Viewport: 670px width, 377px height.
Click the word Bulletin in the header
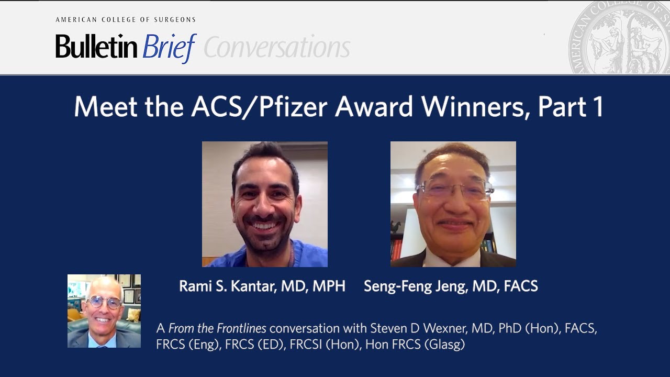pos(96,47)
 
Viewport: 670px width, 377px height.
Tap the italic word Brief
pos(169,47)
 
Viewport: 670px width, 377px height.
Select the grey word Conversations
pos(277,48)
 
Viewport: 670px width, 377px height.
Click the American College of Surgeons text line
pos(126,20)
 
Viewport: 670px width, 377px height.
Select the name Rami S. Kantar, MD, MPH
pos(262,286)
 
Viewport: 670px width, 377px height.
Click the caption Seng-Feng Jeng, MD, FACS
pos(451,286)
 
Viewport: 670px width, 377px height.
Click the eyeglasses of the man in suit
pos(454,188)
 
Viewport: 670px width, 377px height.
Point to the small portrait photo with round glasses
pos(104,311)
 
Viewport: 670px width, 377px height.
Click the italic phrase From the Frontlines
pos(217,329)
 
